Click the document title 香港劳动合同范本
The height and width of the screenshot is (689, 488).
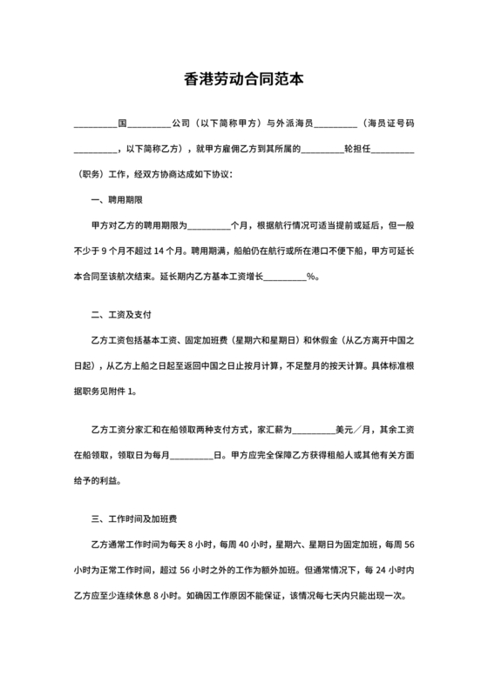[244, 77]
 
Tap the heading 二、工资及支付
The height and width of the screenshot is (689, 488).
[119, 311]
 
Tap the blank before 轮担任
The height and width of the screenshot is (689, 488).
[322, 149]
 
